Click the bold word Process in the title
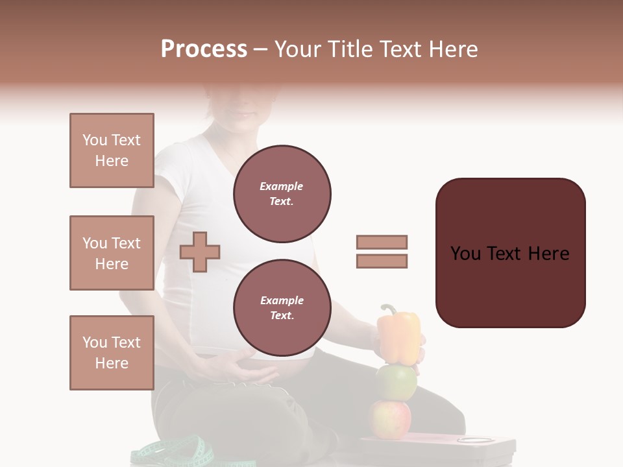[204, 49]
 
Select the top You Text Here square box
[112, 150]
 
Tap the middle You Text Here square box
[112, 253]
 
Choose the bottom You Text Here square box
[112, 353]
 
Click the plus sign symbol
[200, 252]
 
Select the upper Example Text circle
[282, 194]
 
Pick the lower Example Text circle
[282, 308]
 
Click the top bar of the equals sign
[382, 242]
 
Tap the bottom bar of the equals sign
[382, 261]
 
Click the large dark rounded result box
[510, 253]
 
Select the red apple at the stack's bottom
[390, 418]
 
